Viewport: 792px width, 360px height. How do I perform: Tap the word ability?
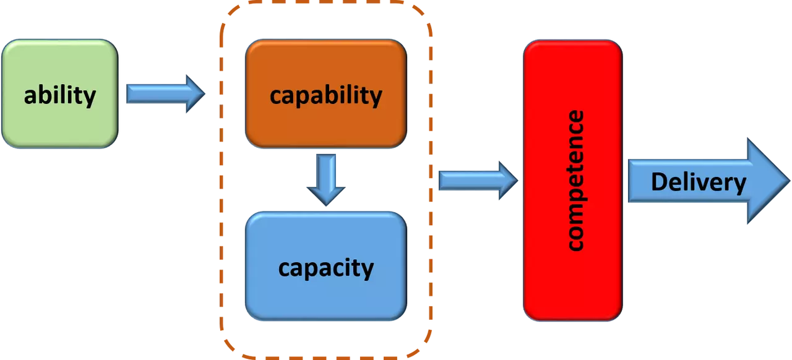coord(60,95)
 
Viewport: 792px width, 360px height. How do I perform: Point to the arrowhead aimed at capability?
coord(196,93)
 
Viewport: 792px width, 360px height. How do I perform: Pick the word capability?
coord(326,95)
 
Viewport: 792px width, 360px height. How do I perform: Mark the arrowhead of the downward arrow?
coord(326,194)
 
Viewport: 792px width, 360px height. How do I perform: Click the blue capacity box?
coord(326,297)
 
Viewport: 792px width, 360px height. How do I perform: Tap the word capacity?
coord(326,268)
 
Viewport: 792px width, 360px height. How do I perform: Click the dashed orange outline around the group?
coord(221,186)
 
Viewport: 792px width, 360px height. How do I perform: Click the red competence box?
coord(573,285)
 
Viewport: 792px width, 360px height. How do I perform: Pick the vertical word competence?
coord(574,181)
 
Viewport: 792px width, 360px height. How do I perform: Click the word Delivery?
coord(699,182)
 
